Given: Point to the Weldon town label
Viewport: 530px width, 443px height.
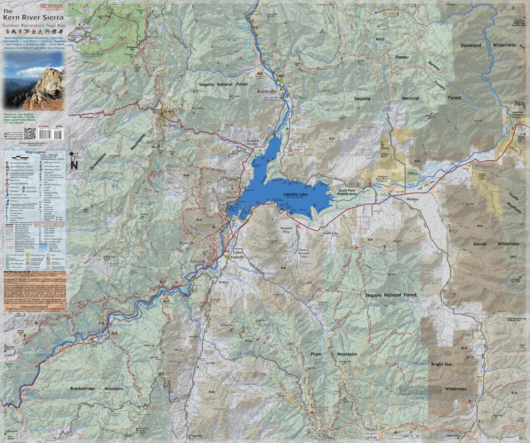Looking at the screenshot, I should (x=412, y=198).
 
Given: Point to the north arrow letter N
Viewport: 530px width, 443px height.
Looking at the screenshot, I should (x=73, y=165).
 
